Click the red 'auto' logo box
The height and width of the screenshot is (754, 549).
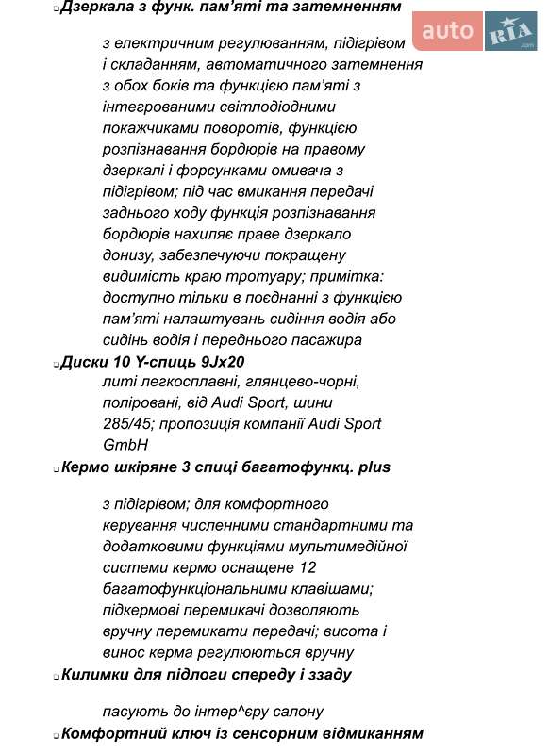(x=447, y=33)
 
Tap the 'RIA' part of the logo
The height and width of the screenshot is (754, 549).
(x=510, y=34)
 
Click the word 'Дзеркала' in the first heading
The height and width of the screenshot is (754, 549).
(x=93, y=7)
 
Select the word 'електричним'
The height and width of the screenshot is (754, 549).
(x=163, y=44)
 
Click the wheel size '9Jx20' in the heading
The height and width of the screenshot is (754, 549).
(x=225, y=362)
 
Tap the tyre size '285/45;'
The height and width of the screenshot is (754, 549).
(x=127, y=424)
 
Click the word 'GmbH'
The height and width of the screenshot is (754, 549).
(x=125, y=445)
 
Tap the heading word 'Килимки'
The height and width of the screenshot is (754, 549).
(x=92, y=674)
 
